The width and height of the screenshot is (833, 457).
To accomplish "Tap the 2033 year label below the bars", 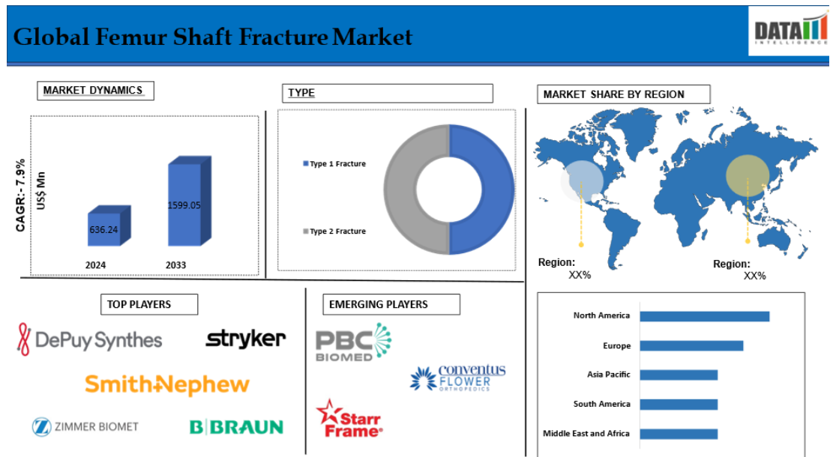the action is tap(176, 265).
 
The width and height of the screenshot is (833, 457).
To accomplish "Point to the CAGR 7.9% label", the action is tap(20, 196).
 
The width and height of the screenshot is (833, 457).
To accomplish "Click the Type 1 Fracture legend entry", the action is tap(334, 163).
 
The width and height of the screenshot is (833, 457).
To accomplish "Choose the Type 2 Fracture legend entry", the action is tap(334, 231).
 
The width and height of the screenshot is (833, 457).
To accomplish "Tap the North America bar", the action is tap(705, 316).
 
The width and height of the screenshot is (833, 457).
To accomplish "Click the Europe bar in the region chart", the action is tap(691, 346).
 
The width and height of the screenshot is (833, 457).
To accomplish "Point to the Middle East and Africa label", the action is tap(586, 433).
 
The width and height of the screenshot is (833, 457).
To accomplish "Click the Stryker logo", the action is tap(245, 339).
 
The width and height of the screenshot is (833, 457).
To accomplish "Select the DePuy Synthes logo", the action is tap(89, 339).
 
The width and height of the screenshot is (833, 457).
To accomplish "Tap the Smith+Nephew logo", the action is tap(166, 385).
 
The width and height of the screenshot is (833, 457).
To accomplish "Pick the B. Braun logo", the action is tap(236, 427).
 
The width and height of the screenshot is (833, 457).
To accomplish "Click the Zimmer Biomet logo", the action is tap(85, 427).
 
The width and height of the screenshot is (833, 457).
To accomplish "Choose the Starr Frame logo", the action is tap(349, 419).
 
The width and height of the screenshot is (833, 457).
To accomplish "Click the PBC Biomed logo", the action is tap(353, 342).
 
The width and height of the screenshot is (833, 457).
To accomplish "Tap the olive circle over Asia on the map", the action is tap(748, 176).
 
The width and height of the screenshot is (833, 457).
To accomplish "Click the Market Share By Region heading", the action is tap(613, 94).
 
